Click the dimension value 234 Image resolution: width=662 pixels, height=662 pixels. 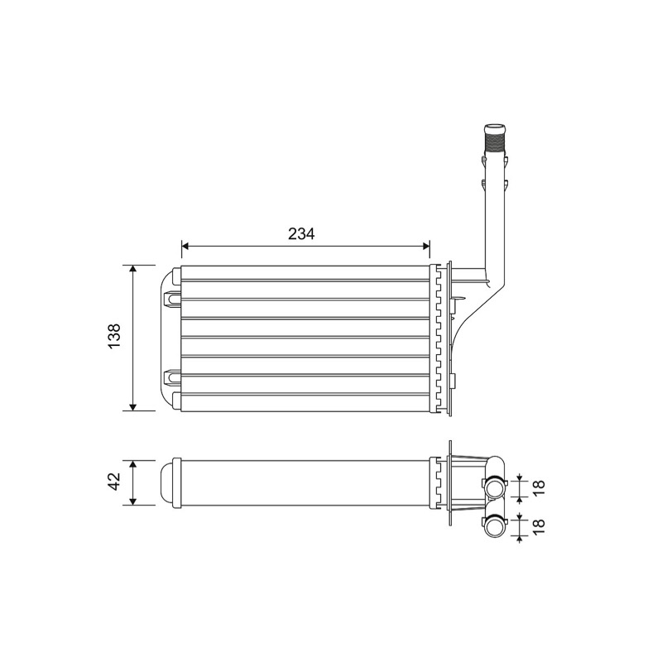coord(301,233)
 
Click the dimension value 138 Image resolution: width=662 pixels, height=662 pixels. coord(114,336)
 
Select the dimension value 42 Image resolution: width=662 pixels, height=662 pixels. coord(114,482)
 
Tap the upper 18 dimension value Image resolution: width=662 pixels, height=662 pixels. coord(540,487)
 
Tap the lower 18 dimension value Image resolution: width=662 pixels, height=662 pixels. coord(540,526)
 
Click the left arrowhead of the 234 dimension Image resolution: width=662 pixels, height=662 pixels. coord(185,246)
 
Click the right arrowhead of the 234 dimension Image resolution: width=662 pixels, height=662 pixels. coord(426,246)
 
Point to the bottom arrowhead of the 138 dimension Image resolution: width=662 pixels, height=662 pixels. coord(133,406)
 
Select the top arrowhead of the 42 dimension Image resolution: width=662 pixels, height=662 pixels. coord(133,464)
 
